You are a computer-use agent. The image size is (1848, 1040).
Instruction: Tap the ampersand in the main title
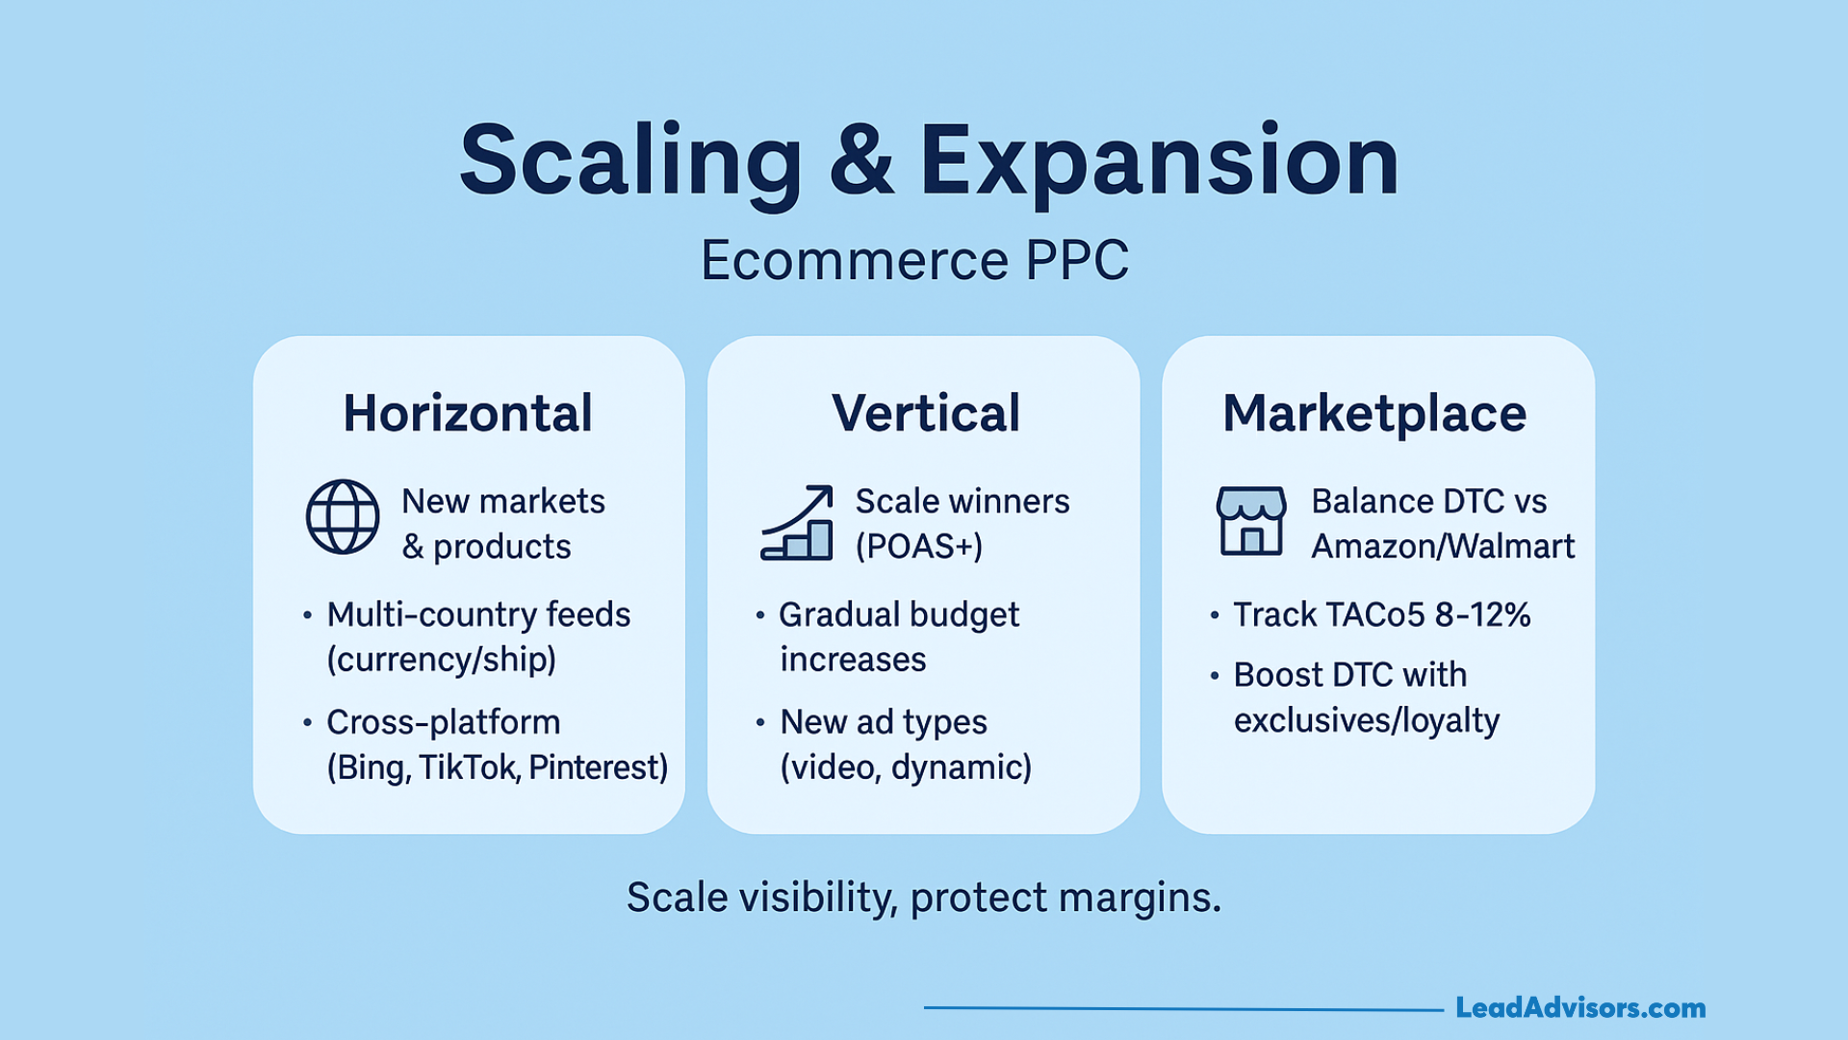[x=861, y=160]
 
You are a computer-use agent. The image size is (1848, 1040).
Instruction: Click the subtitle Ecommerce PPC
[x=914, y=260]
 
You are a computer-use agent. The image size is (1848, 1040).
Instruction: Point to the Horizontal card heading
[x=468, y=413]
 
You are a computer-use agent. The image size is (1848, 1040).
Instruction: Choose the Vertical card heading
[x=926, y=413]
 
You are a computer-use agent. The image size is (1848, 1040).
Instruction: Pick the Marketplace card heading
[x=1374, y=414]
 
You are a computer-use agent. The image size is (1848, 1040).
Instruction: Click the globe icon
[x=343, y=517]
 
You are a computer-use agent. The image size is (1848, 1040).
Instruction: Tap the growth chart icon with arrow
[x=797, y=522]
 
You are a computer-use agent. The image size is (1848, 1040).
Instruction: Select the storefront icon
[x=1251, y=520]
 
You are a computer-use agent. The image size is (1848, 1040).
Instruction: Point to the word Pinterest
[x=598, y=767]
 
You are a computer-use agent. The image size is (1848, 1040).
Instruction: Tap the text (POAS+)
[x=919, y=547]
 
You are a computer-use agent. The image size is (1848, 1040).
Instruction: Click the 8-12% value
[x=1482, y=614]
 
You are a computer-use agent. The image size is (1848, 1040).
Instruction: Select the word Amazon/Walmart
[x=1443, y=547]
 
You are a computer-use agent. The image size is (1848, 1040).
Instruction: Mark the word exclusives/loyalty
[x=1367, y=721]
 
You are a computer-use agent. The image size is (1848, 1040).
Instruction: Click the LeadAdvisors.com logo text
[x=1580, y=1008]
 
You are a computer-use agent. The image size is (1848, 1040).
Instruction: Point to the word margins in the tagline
[x=1141, y=898]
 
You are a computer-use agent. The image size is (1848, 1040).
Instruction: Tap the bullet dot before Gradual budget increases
[x=760, y=614]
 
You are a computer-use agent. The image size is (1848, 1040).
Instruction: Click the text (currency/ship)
[x=442, y=661]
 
